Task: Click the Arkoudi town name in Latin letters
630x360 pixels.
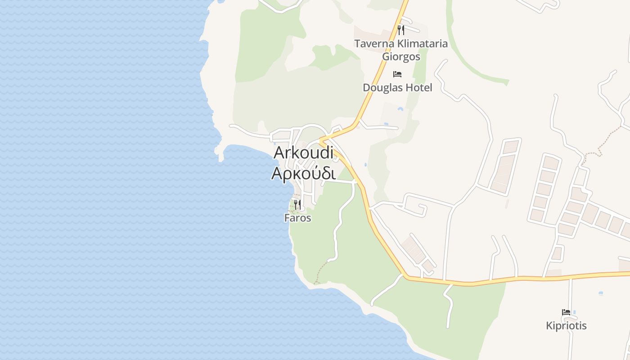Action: [303, 153]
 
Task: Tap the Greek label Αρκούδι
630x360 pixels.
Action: [303, 173]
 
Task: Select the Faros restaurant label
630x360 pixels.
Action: [297, 218]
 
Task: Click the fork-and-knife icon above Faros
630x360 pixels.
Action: [297, 205]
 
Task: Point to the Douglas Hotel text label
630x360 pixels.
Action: [397, 87]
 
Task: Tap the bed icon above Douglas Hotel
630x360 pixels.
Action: [397, 74]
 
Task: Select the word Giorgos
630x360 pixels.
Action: [401, 57]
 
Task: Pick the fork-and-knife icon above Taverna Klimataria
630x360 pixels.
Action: [401, 30]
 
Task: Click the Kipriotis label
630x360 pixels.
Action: [566, 325]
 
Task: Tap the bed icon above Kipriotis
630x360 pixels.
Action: [566, 312]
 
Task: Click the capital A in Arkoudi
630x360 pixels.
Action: [279, 153]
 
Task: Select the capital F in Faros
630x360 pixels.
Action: [287, 218]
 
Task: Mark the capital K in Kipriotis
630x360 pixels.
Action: [549, 325]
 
